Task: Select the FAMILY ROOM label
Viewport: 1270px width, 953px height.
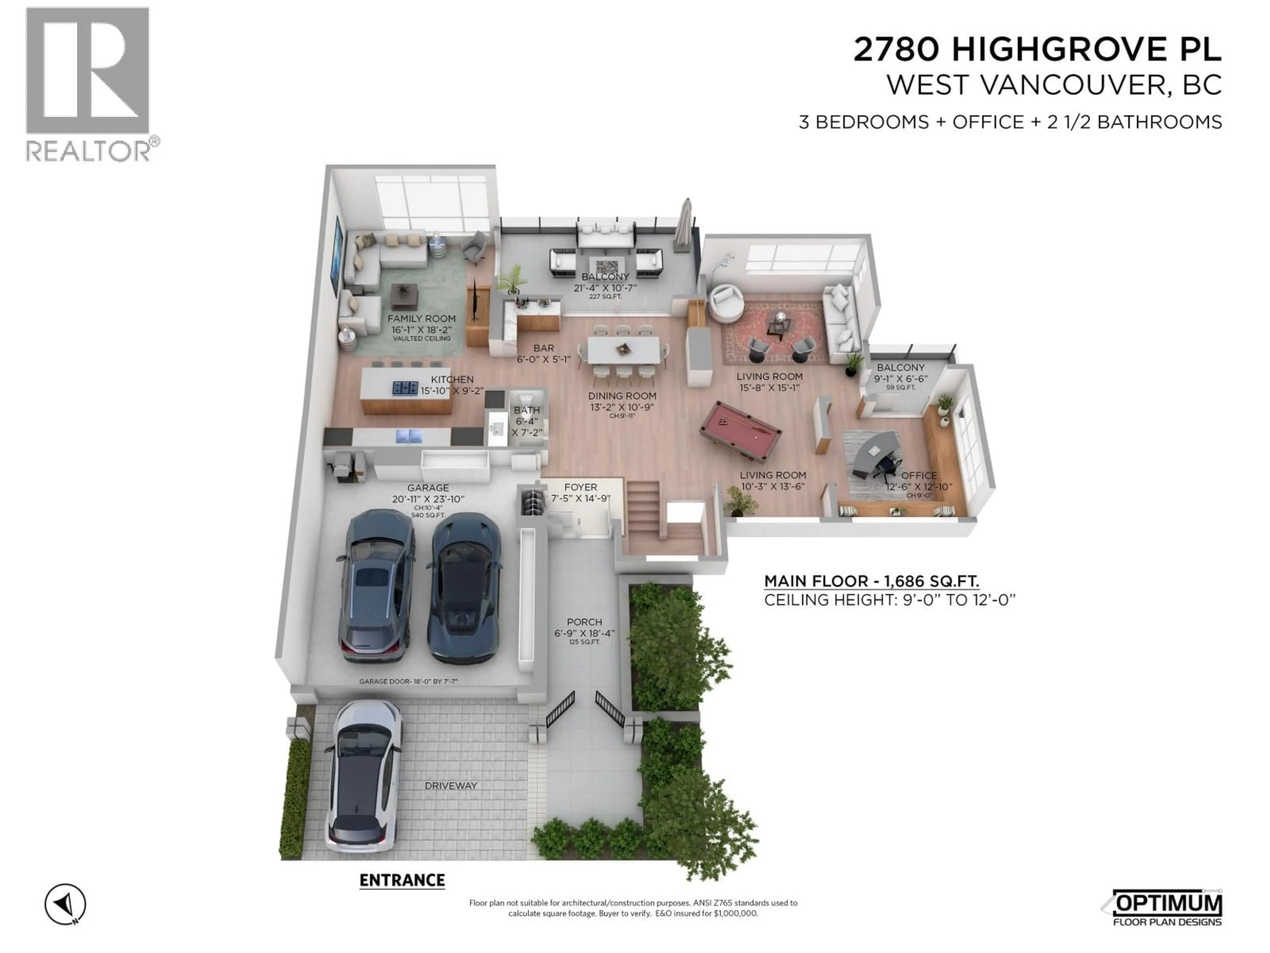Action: pos(421,319)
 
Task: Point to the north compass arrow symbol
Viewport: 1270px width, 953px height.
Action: pos(65,904)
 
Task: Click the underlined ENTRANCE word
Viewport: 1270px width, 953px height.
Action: pos(402,881)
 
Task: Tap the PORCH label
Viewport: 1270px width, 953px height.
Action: pos(584,622)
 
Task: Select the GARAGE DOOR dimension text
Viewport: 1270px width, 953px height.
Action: pos(408,681)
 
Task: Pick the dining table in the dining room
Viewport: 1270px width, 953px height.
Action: pos(623,349)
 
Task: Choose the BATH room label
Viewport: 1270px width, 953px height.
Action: pos(527,410)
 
